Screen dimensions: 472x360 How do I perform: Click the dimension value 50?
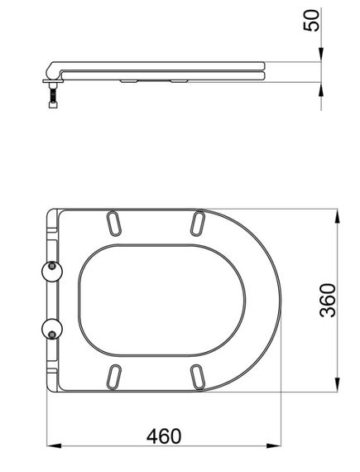(311, 21)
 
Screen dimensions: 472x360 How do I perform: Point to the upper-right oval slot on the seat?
(199, 224)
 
